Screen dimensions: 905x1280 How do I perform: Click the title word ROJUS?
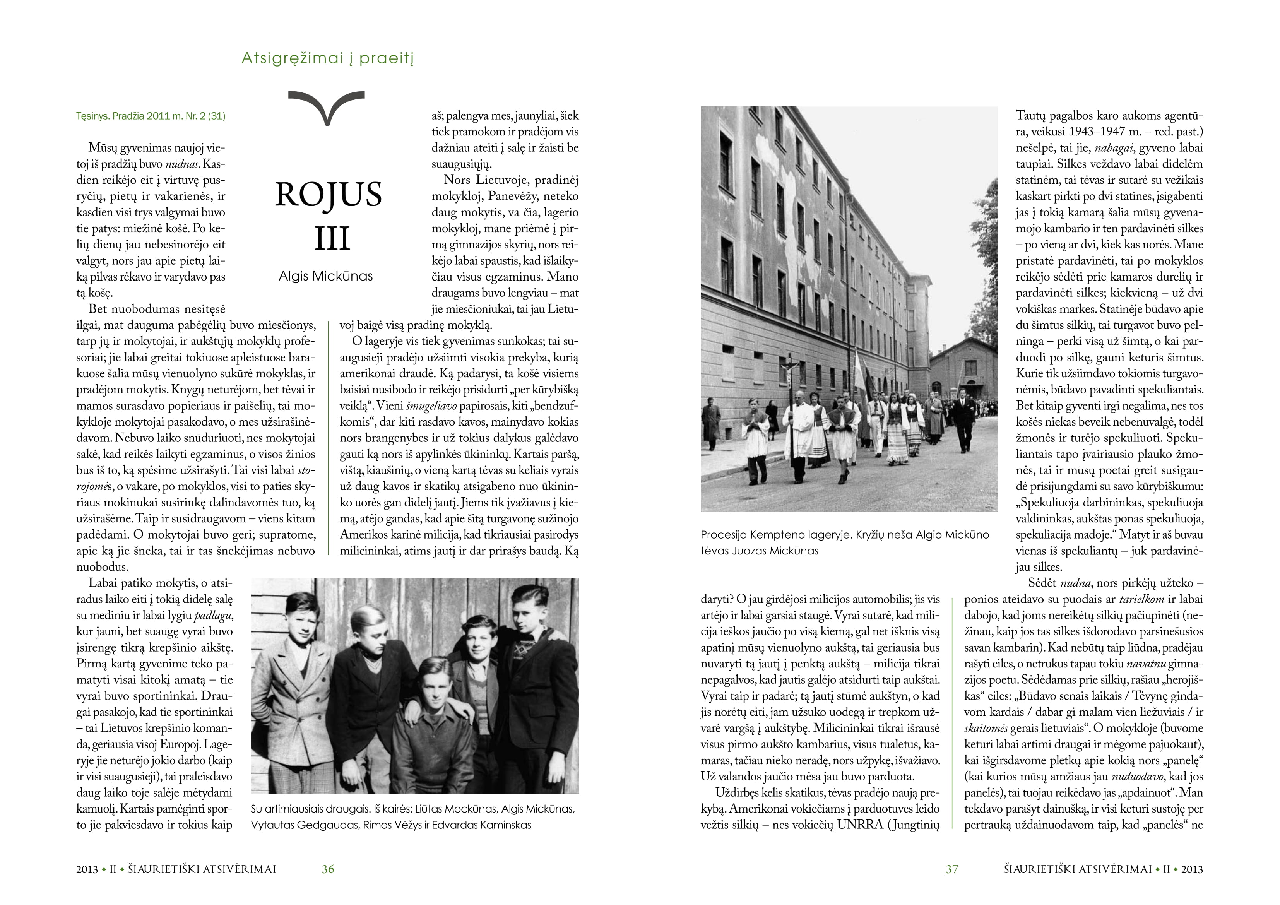(x=329, y=194)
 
